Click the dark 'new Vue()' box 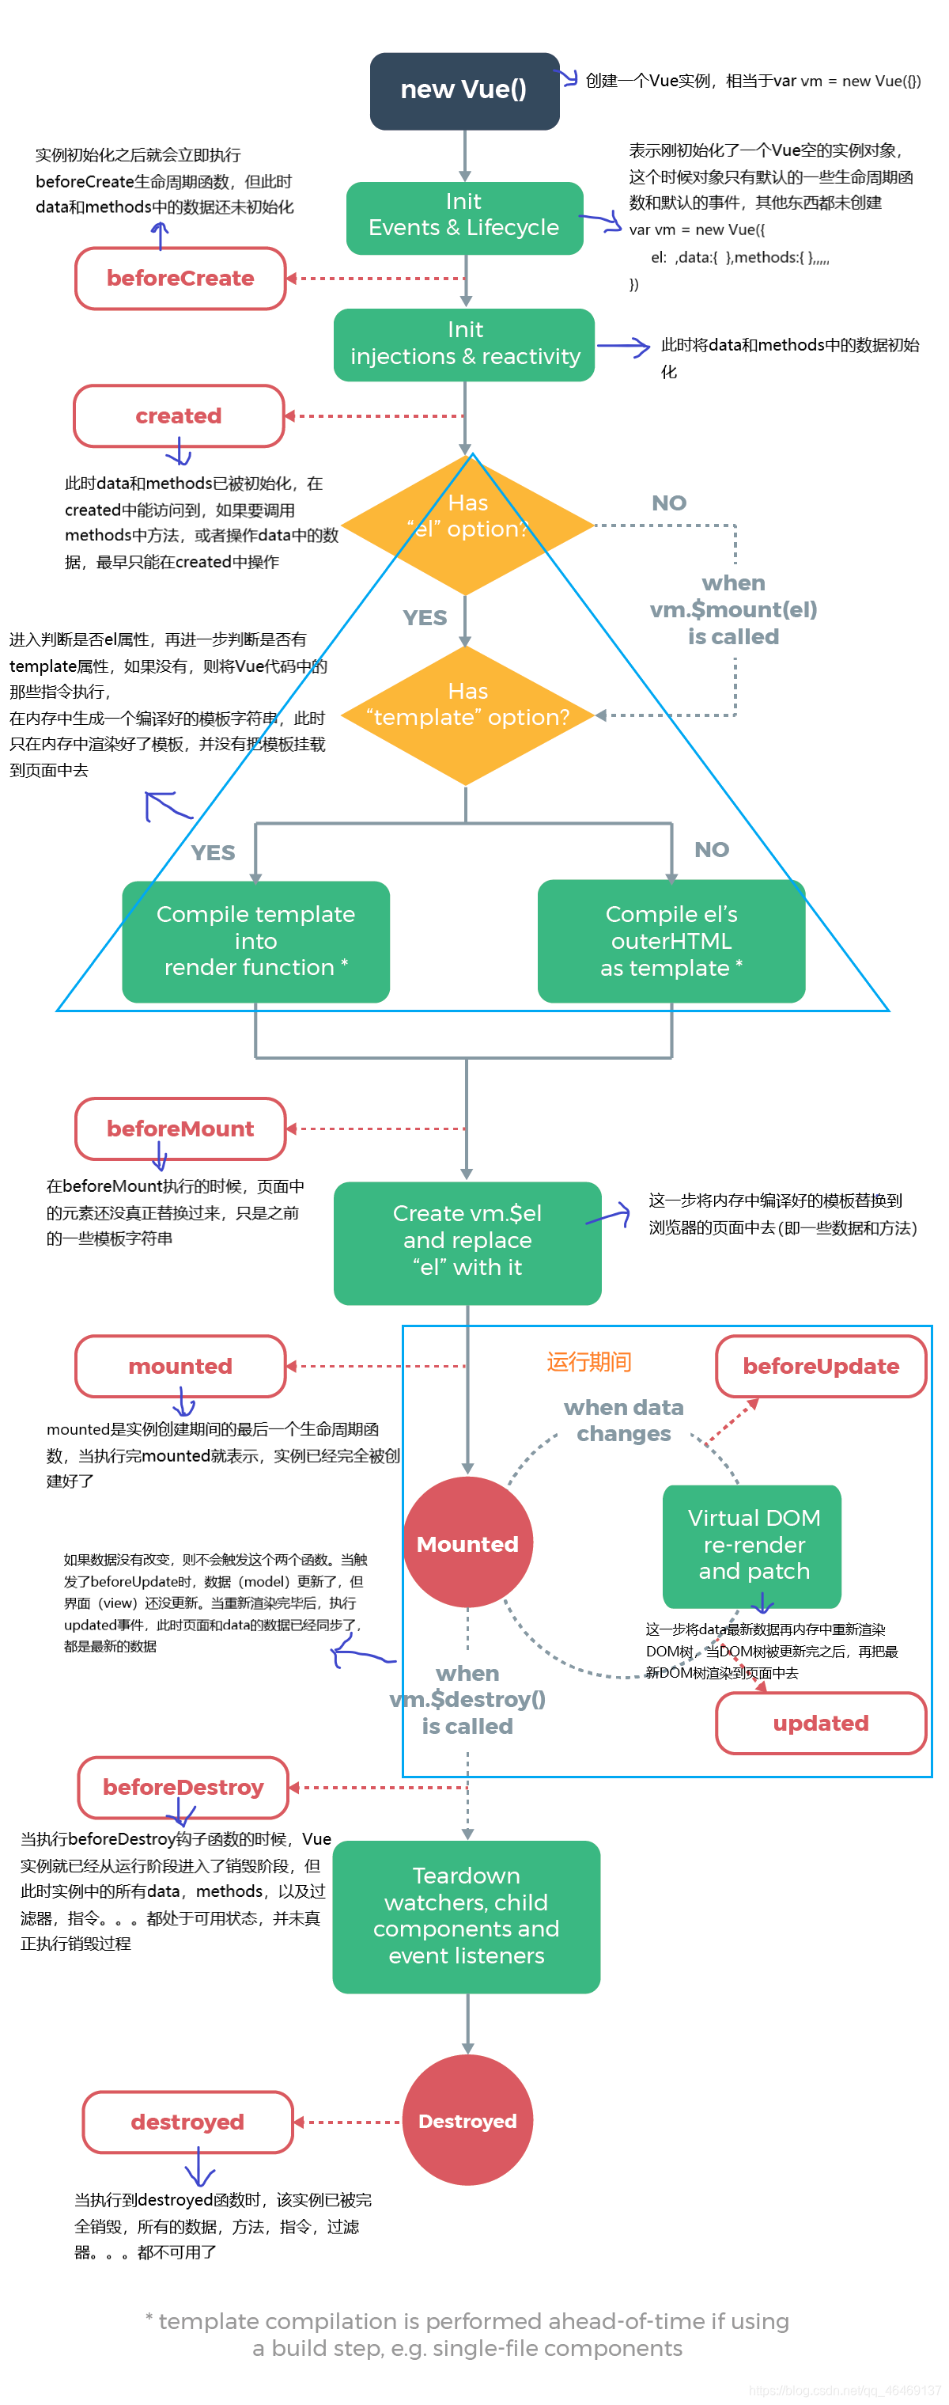coord(463,90)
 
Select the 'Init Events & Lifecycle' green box coord(463,218)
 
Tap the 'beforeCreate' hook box coord(180,279)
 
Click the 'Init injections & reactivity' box coord(463,344)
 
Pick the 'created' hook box coord(178,415)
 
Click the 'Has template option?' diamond coord(467,715)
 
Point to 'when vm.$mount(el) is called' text coord(733,609)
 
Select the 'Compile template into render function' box coord(255,940)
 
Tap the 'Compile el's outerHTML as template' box coord(670,940)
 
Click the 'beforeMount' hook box coord(180,1128)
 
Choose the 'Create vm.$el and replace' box coord(467,1241)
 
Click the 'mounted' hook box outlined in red coord(180,1365)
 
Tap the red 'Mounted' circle coord(467,1542)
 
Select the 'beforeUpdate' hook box coord(819,1365)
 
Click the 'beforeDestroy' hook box coord(183,1786)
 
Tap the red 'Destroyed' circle coord(467,2120)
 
